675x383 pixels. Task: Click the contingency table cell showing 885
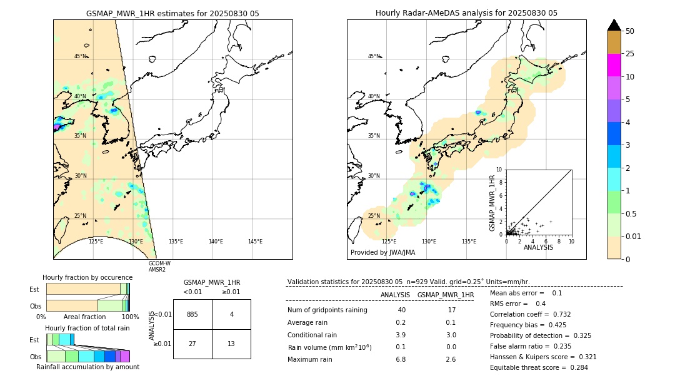click(x=192, y=314)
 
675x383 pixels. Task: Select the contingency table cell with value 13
click(x=231, y=344)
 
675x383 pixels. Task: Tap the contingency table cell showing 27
click(x=192, y=344)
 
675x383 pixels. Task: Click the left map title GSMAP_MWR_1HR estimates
click(x=172, y=13)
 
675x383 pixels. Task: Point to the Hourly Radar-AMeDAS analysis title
click(x=466, y=13)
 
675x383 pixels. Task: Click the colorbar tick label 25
click(x=630, y=54)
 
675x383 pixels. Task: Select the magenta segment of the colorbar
click(x=614, y=65)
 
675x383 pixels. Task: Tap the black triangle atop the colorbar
click(x=614, y=25)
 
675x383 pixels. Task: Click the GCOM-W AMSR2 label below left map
click(x=159, y=267)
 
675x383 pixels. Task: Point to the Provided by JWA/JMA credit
click(x=382, y=253)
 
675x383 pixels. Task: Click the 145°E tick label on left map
click(x=255, y=242)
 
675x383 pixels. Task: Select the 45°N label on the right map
click(x=374, y=56)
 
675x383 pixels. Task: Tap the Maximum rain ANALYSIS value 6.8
click(x=401, y=359)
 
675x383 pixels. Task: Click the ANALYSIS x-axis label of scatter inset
click(x=538, y=247)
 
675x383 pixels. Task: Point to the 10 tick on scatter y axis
click(x=499, y=170)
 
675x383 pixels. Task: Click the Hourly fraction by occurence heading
click(x=87, y=277)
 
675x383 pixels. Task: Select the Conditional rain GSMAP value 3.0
click(x=451, y=335)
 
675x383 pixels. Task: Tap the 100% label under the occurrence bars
click(x=130, y=317)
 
